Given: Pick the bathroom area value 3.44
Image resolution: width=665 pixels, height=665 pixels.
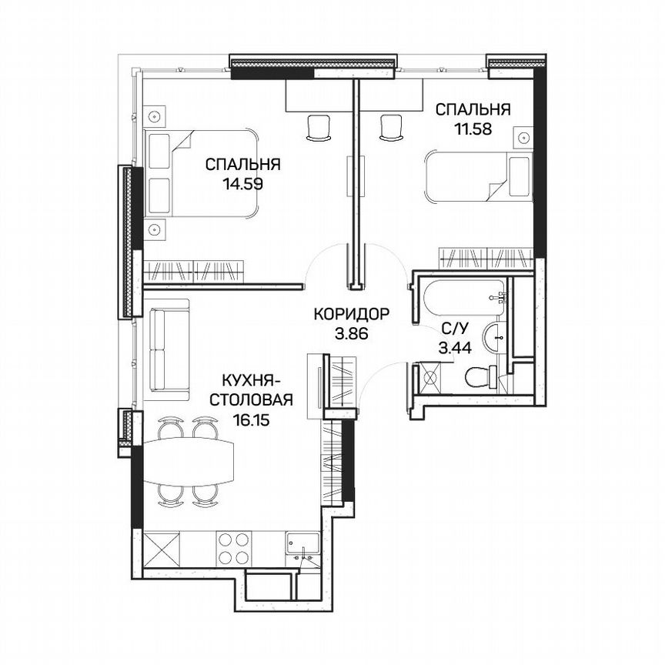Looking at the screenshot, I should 451,348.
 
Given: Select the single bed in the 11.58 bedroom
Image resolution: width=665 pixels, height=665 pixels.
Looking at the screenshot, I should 477,177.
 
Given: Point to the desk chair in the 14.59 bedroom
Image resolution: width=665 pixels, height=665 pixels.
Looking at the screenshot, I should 317,128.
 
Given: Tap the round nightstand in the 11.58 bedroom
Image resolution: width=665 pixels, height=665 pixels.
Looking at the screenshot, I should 523,139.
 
